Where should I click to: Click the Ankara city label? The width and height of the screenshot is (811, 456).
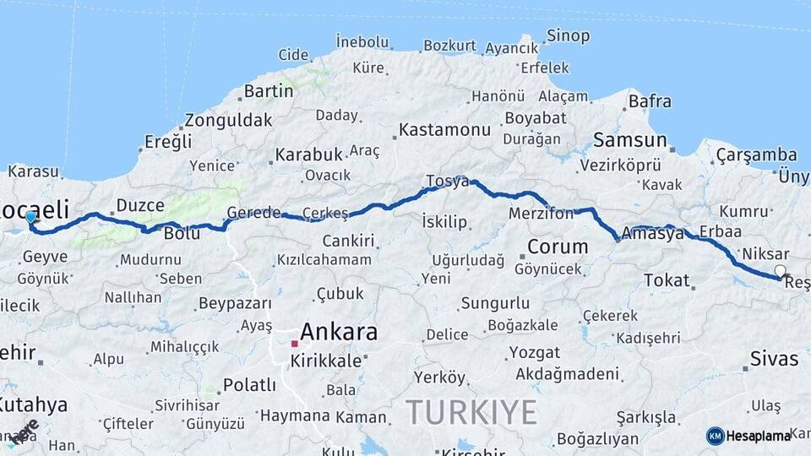click(339, 332)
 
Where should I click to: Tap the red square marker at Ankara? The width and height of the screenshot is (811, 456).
click(294, 344)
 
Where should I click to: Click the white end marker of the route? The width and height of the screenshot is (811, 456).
click(780, 272)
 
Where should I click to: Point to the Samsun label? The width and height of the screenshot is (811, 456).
click(630, 140)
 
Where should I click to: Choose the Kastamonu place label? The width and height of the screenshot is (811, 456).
click(444, 130)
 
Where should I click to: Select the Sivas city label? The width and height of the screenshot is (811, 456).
click(774, 359)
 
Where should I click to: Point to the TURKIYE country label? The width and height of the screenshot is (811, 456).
click(471, 412)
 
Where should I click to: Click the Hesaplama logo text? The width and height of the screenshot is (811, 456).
click(759, 436)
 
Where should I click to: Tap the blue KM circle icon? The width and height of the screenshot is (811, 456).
click(715, 436)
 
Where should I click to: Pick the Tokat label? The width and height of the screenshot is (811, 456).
click(666, 280)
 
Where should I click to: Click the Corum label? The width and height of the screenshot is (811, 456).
click(558, 247)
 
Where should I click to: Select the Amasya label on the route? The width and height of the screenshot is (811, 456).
click(652, 234)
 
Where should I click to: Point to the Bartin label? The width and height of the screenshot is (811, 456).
click(268, 90)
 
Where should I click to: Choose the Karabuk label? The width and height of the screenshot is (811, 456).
click(308, 155)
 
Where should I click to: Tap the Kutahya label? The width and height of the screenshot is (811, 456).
click(33, 404)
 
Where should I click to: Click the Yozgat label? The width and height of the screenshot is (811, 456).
click(534, 351)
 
